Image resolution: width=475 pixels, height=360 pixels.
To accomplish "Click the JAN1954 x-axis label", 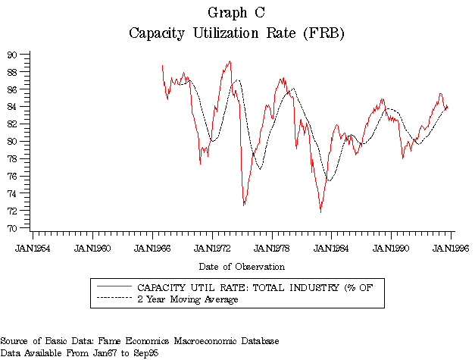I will click(x=33, y=248).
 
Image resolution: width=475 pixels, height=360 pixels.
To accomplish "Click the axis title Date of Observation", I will click(x=242, y=267).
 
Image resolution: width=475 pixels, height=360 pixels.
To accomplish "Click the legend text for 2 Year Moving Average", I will click(x=187, y=300).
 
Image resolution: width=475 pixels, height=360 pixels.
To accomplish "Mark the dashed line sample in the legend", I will click(x=114, y=300).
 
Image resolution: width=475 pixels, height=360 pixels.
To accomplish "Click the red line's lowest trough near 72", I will click(x=320, y=211).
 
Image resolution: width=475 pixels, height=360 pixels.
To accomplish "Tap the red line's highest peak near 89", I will click(x=230, y=61).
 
